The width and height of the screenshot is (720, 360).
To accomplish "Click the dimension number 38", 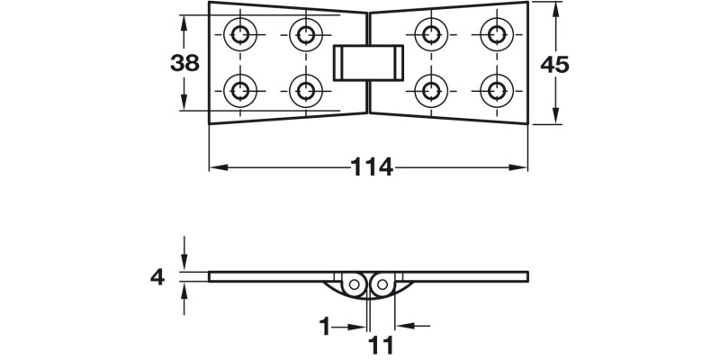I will (x=184, y=63).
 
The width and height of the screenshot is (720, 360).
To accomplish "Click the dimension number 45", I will (x=555, y=63).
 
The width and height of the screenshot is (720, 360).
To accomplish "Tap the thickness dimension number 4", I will (x=157, y=277).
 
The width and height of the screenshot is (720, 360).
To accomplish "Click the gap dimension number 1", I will (x=324, y=326).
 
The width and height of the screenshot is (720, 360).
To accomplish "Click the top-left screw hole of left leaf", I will (x=241, y=35).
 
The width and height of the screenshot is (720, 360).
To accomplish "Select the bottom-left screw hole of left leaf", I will (x=241, y=89).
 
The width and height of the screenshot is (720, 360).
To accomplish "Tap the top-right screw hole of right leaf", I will (x=496, y=35).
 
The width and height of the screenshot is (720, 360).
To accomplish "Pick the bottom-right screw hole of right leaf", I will (x=496, y=89).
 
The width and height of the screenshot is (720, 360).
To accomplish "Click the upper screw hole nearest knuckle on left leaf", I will (x=305, y=35).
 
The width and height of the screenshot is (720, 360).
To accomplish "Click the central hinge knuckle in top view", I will (x=368, y=62).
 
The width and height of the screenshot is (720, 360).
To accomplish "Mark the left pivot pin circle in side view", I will (x=355, y=284).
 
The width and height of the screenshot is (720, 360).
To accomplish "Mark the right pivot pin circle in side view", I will (x=382, y=284).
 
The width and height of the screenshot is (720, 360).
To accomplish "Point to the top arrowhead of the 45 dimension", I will (x=555, y=7).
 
